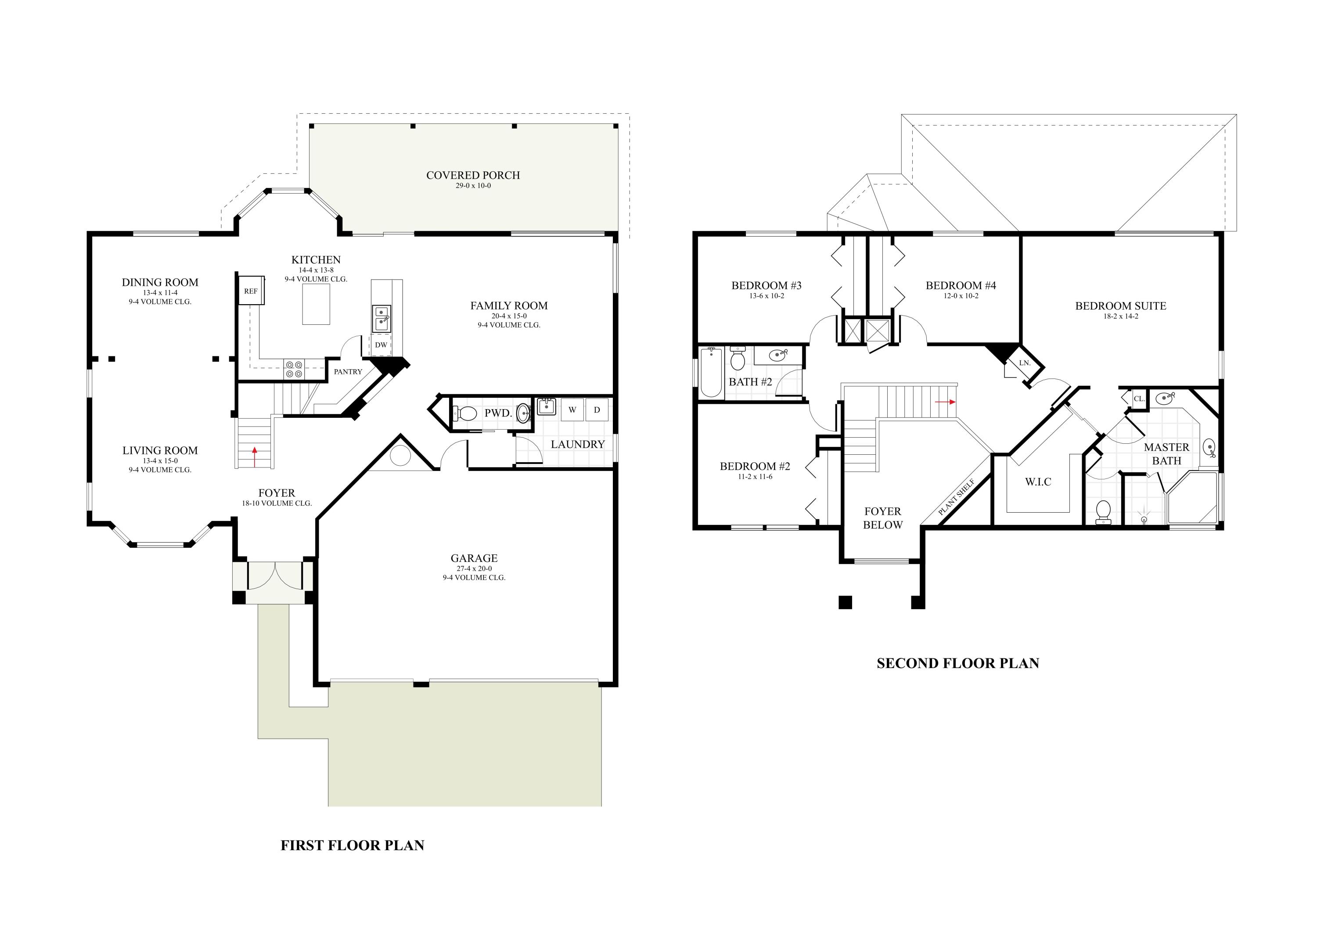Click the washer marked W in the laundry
pyautogui.click(x=572, y=410)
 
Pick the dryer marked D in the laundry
pyautogui.click(x=597, y=410)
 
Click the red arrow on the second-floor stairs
pyautogui.click(x=945, y=402)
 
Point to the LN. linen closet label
pyautogui.click(x=1025, y=363)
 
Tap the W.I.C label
pyautogui.click(x=1038, y=482)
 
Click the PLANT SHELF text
pyautogui.click(x=957, y=497)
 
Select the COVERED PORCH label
pyautogui.click(x=473, y=175)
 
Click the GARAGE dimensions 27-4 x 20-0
pyautogui.click(x=474, y=568)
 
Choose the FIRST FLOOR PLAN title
pyautogui.click(x=352, y=845)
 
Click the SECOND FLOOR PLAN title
pyautogui.click(x=958, y=663)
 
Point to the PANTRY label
pyautogui.click(x=348, y=372)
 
